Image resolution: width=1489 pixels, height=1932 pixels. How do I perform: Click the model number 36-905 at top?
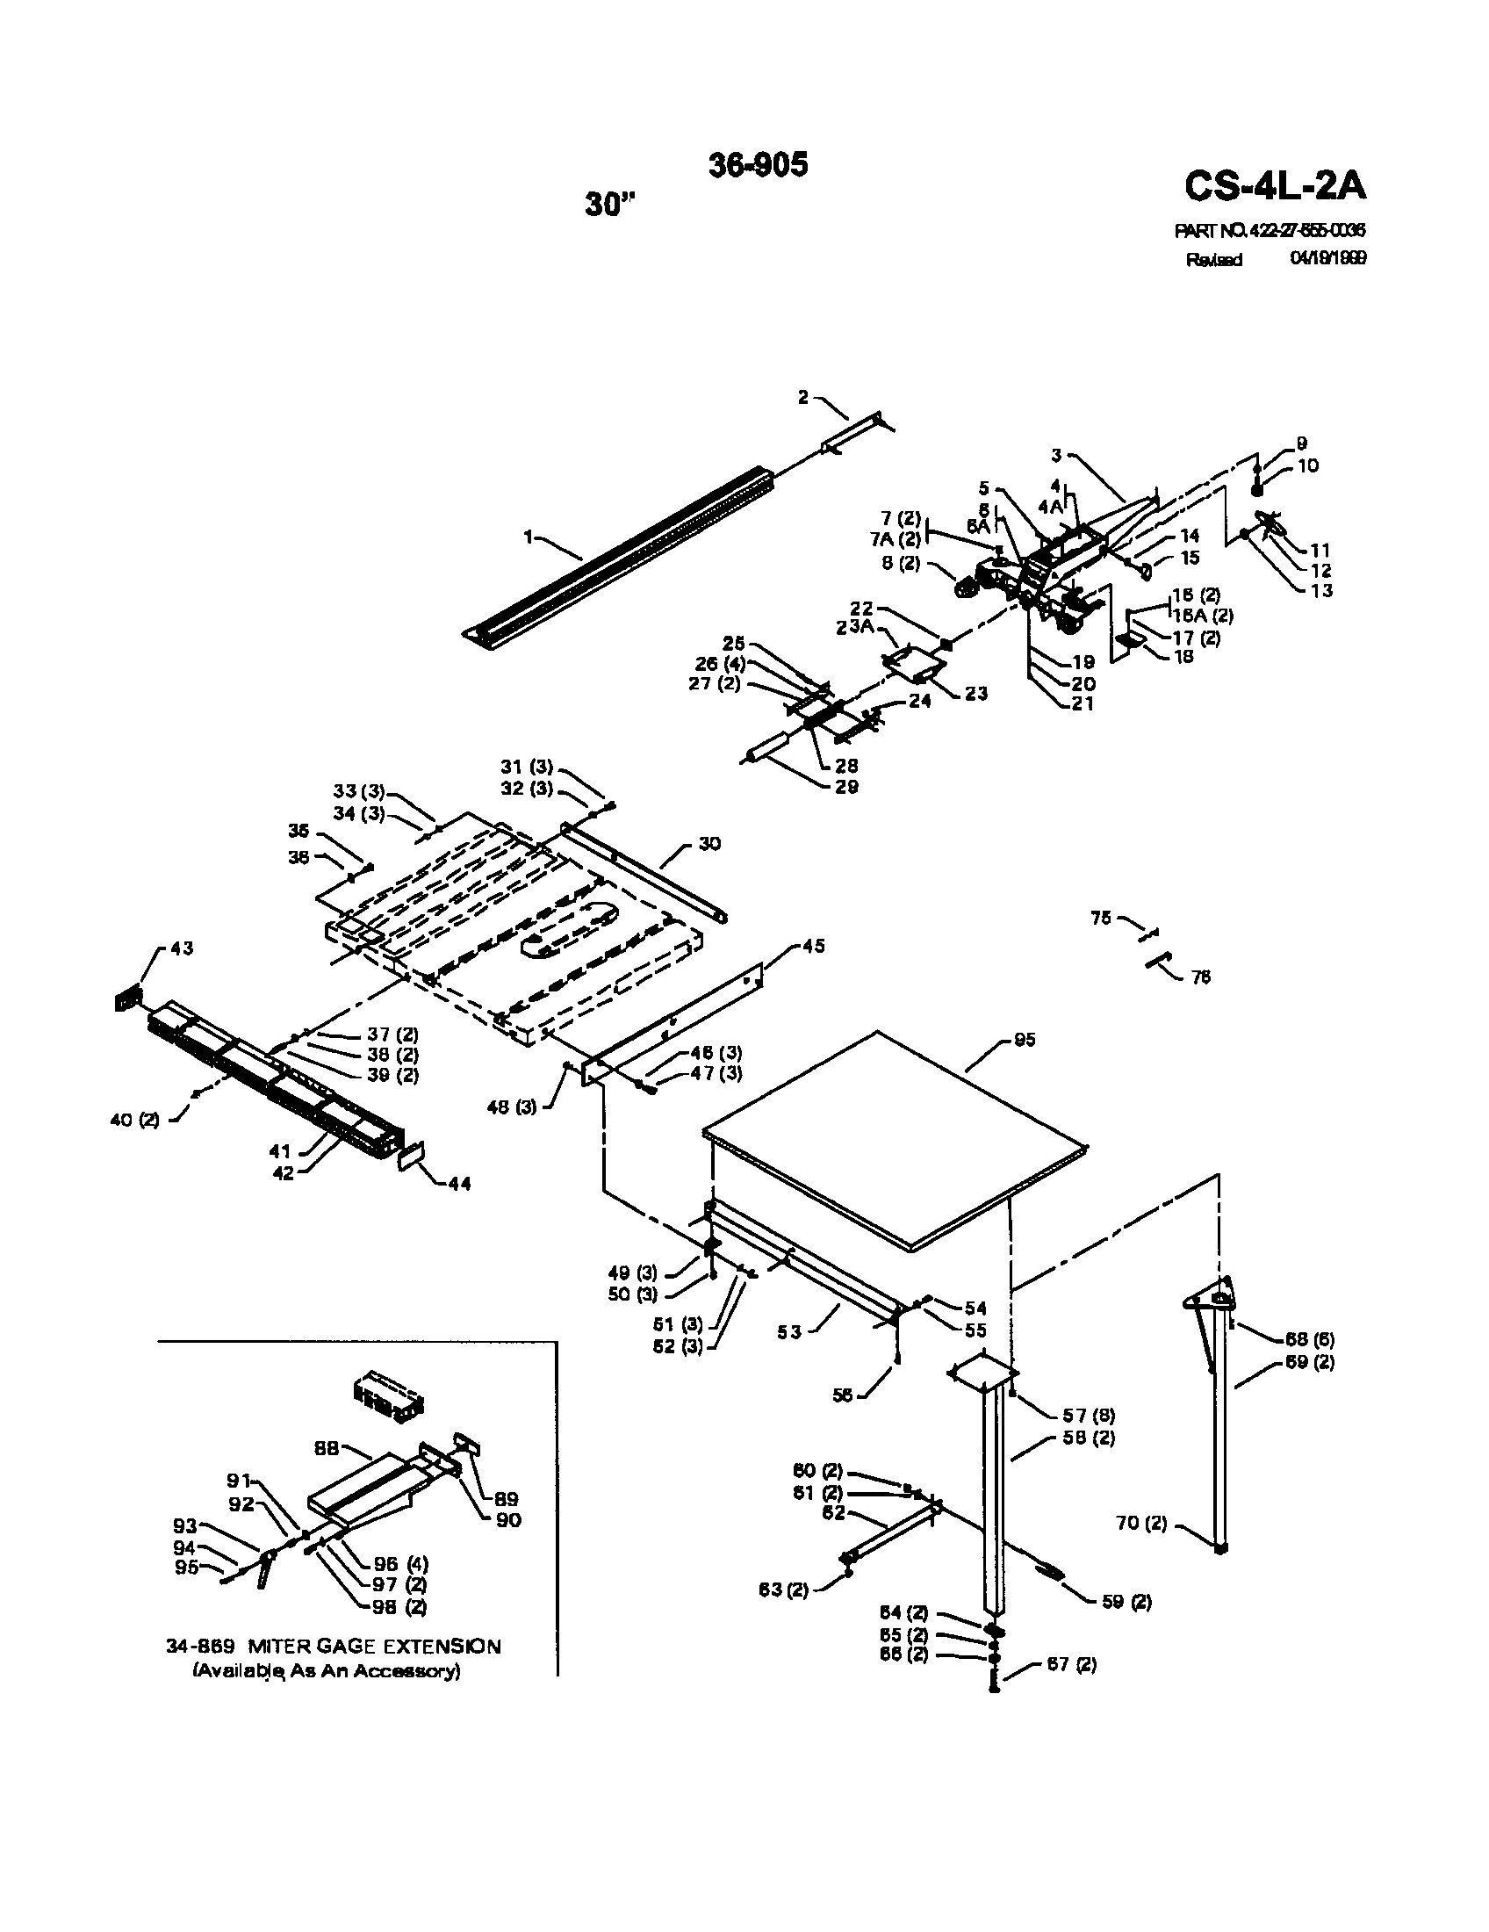click(x=758, y=165)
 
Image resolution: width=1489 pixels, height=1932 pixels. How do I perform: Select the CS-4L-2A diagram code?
click(x=1274, y=187)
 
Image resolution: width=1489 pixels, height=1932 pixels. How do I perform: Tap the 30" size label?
click(x=609, y=205)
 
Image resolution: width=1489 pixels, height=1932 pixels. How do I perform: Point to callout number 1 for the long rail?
click(x=529, y=537)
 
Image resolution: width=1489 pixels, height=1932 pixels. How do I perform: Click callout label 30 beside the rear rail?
click(x=709, y=844)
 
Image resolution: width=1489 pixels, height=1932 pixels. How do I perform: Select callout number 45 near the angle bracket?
click(x=813, y=946)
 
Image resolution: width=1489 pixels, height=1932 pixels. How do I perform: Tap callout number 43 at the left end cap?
click(x=181, y=948)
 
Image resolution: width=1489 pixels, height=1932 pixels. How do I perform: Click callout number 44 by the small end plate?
click(x=459, y=1184)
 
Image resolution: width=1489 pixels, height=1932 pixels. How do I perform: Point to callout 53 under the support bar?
click(x=789, y=1332)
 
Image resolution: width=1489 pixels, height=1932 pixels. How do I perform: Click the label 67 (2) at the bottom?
click(x=1071, y=1664)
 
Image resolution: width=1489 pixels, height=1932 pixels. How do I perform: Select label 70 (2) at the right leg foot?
click(x=1141, y=1524)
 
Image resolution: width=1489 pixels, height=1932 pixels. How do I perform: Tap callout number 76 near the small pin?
click(x=1200, y=977)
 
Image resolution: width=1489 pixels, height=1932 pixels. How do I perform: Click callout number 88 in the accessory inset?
click(x=328, y=1449)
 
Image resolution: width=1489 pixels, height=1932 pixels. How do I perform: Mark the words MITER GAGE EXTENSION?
click(x=373, y=1647)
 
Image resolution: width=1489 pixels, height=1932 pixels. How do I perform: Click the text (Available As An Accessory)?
click(x=327, y=1671)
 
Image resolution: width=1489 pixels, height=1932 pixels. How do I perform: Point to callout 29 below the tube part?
click(x=846, y=787)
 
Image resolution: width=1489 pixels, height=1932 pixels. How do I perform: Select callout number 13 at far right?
click(x=1320, y=590)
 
